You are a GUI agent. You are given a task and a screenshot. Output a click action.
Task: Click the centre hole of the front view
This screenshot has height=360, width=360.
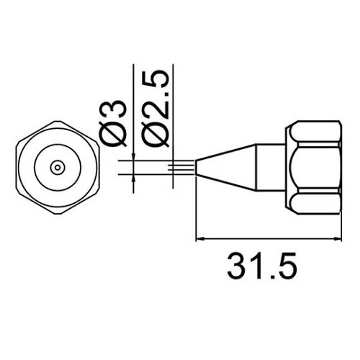coord(56,167)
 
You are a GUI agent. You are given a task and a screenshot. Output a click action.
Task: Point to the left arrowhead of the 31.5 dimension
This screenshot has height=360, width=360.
coord(202,238)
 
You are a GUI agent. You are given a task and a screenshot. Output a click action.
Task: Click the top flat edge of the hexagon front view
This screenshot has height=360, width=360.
coord(56,124)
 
